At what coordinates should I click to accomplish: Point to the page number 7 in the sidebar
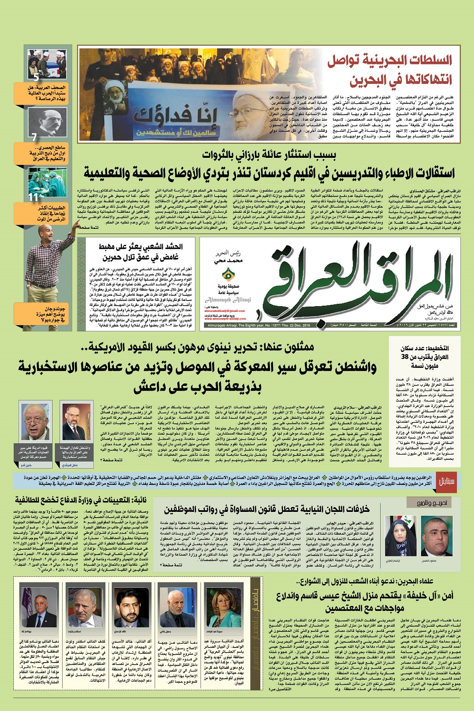point(34,138)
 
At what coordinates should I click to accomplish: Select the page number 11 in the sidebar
point(33,198)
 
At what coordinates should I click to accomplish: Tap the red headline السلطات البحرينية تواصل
point(389,61)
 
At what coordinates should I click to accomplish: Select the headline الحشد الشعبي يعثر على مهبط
point(141,252)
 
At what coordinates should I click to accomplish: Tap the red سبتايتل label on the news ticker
point(442,480)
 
